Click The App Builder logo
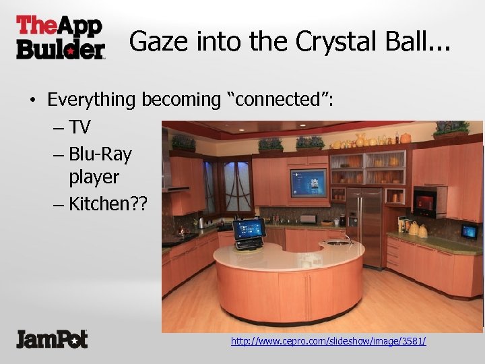61,37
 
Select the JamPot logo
52,338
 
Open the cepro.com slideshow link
328,341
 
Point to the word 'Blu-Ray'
100,154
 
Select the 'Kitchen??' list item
101,204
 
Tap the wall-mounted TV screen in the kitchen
308,183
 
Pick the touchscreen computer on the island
249,231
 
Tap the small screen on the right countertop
469,231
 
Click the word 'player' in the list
94,178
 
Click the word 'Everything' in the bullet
92,100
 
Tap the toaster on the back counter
308,219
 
